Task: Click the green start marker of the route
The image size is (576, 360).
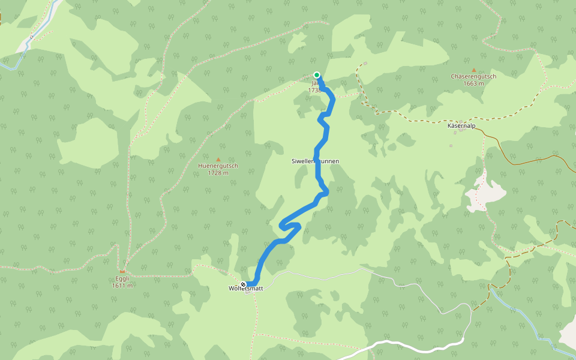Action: pos(316,75)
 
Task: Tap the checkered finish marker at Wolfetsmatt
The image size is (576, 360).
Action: pos(243,284)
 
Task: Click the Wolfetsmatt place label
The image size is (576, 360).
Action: pos(246,289)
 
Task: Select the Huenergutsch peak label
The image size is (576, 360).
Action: pos(218,166)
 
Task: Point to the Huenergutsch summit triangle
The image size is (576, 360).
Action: pos(218,159)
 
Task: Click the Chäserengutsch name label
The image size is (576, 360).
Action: pos(473,77)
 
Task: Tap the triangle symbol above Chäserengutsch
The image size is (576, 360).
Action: pos(473,70)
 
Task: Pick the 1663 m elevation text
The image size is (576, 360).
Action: pos(473,83)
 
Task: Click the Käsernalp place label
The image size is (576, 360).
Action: pos(461,126)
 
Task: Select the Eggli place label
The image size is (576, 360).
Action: pos(122,278)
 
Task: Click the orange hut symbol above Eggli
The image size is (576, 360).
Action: pos(122,272)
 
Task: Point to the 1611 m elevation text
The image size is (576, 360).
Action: pos(122,285)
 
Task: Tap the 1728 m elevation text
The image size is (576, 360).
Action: pos(218,173)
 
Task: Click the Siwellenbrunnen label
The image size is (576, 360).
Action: pos(315,161)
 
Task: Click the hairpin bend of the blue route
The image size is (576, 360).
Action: pos(282,226)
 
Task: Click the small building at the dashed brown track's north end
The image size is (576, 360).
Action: pos(365,63)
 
